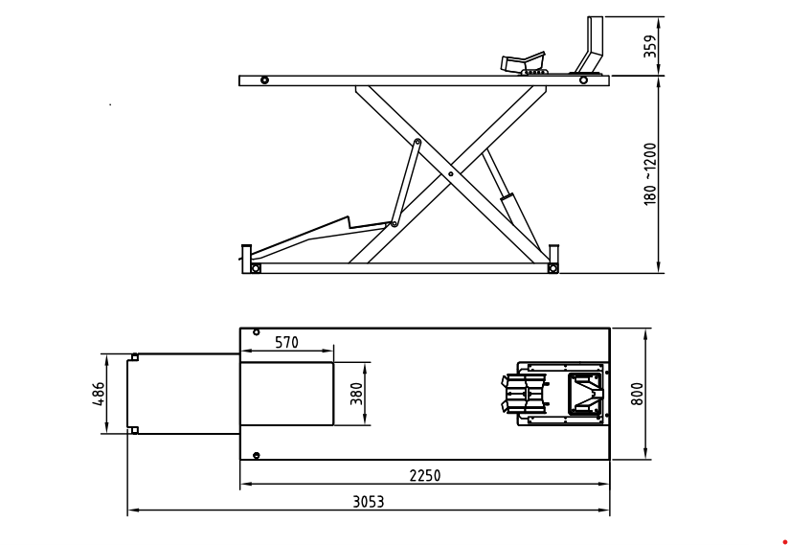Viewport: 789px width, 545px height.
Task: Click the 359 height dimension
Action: (x=651, y=46)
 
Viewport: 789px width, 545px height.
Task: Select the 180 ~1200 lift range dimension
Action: (x=651, y=174)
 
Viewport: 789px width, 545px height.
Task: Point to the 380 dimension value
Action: (x=356, y=395)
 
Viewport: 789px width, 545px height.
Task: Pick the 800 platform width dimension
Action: (x=639, y=394)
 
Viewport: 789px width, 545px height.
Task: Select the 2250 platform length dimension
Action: (x=424, y=475)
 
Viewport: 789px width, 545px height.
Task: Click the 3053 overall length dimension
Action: (x=369, y=501)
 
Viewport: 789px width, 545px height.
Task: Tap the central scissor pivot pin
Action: (x=450, y=174)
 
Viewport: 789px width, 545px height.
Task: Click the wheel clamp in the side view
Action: (x=524, y=65)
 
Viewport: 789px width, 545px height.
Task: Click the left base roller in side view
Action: (x=255, y=267)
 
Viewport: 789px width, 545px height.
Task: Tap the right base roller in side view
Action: (x=552, y=267)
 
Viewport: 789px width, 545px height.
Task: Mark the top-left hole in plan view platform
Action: (x=256, y=332)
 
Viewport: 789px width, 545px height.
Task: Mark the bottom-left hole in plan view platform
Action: (x=256, y=455)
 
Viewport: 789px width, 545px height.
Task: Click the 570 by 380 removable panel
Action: (x=286, y=394)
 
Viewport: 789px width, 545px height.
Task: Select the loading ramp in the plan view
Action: (x=184, y=394)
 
